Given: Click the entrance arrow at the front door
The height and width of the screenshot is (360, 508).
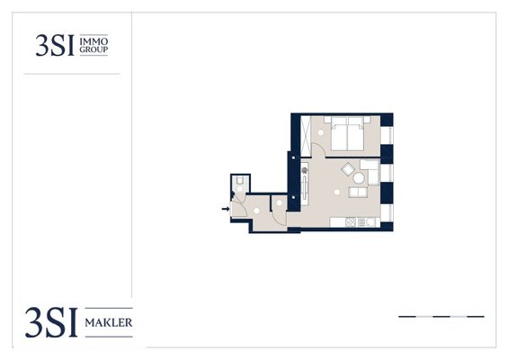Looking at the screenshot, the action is tap(226, 209).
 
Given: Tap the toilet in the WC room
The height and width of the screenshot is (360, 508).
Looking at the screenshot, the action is tap(240, 180).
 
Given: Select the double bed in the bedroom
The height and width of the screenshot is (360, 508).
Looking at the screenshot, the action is tap(347, 133).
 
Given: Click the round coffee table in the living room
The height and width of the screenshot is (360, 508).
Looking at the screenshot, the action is tap(359, 177).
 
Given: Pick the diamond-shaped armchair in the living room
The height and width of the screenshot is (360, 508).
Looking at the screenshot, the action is tap(348, 169).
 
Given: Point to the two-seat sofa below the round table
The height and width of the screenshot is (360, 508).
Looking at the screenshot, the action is tap(358, 192).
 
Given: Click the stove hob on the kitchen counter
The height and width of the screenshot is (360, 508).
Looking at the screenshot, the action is tap(351, 222).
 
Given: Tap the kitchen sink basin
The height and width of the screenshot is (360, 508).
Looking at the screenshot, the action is tap(372, 222).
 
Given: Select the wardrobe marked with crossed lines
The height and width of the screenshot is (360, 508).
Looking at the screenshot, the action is tap(306, 136).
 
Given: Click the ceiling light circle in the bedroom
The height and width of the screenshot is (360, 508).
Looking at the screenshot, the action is tap(320, 132).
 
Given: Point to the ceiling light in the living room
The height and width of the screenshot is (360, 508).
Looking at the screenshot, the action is tap(337, 192).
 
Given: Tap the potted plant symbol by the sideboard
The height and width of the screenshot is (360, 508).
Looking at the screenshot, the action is tap(304, 169).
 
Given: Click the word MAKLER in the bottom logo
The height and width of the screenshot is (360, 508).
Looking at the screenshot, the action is tap(109, 323).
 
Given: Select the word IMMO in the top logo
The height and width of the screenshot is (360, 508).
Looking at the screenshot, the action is tap(94, 41).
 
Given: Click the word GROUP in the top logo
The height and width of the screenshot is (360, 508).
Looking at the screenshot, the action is tap(94, 49).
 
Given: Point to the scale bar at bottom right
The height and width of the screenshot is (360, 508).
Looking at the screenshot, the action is tap(441, 316).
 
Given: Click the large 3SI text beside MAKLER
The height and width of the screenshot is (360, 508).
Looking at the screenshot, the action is tap(51, 322).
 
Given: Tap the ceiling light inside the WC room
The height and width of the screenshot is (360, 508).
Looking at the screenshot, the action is tap(240, 188).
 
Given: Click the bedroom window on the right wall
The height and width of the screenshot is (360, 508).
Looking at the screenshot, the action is tap(387, 136).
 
